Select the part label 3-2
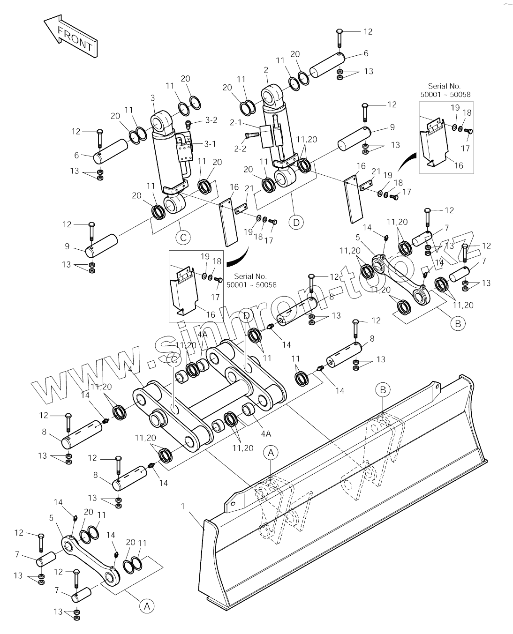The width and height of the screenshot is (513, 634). (211, 120)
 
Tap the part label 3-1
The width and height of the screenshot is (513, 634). (210, 144)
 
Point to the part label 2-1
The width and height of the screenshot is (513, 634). (235, 123)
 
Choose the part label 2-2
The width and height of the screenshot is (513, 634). (240, 149)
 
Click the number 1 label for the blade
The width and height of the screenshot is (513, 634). (182, 506)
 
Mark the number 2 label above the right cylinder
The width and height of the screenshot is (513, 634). (266, 70)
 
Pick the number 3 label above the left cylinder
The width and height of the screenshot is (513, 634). (153, 98)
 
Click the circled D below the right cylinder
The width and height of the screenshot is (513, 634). (296, 223)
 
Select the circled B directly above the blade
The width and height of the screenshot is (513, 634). (383, 390)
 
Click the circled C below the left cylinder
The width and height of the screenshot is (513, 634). (183, 238)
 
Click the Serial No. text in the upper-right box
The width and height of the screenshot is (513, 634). (444, 86)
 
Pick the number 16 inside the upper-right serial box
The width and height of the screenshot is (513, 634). (459, 165)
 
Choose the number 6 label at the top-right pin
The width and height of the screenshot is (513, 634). (366, 53)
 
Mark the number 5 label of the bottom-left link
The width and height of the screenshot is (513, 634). (51, 518)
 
